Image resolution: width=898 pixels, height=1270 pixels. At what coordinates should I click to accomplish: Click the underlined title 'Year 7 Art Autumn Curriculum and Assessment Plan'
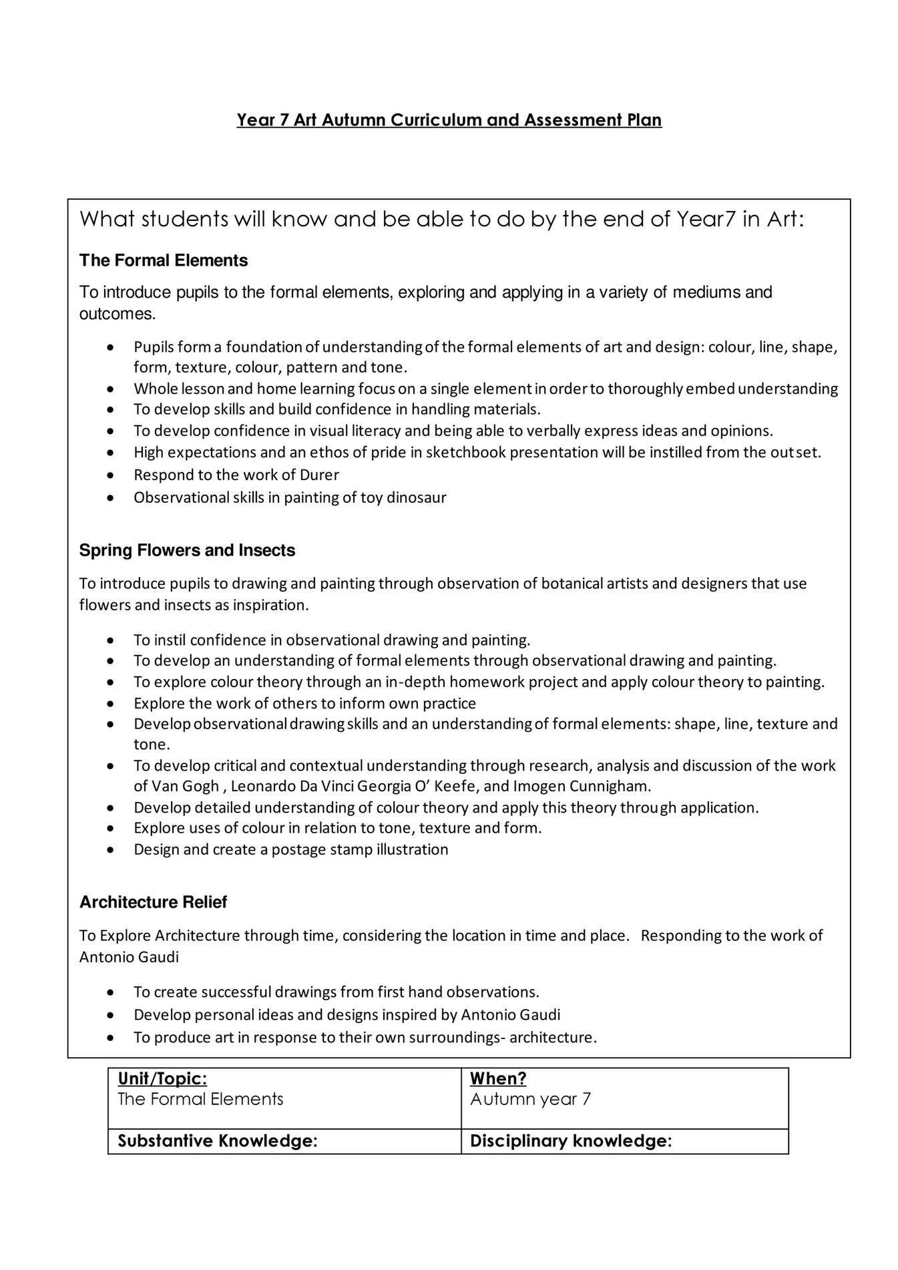(449, 120)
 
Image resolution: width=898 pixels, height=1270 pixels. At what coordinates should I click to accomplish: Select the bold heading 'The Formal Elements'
(164, 260)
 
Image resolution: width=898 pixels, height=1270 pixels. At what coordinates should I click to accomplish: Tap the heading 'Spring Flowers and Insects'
(187, 550)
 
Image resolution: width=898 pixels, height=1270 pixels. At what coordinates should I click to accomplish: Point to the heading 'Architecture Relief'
(153, 902)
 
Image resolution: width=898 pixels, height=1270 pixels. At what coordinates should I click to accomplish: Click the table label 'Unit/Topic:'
(162, 1078)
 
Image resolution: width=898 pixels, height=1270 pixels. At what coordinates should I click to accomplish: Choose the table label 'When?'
(498, 1078)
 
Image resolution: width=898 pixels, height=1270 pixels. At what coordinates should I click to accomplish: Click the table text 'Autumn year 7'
(530, 1099)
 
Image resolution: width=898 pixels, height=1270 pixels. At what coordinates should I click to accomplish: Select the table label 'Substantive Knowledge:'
(217, 1141)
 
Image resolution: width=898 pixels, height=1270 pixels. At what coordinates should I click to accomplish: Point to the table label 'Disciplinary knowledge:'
(570, 1141)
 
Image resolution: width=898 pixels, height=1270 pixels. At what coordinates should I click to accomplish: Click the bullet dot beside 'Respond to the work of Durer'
(111, 475)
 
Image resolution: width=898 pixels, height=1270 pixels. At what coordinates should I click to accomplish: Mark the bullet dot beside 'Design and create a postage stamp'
(111, 850)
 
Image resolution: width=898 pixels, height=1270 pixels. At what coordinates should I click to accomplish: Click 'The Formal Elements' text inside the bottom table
(200, 1099)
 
